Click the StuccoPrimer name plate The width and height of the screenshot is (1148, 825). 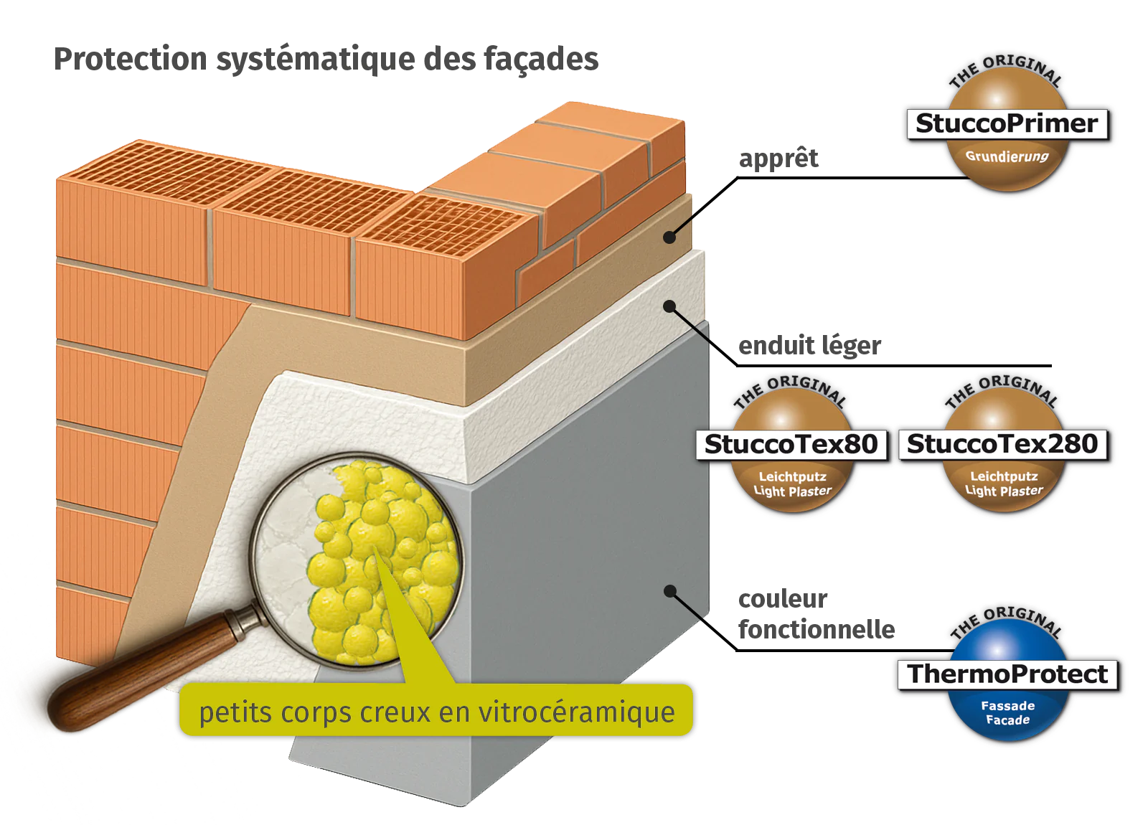click(1006, 123)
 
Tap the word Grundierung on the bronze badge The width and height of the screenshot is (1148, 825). click(1007, 156)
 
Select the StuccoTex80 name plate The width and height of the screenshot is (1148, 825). click(791, 444)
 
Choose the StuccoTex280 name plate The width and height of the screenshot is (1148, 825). click(1002, 444)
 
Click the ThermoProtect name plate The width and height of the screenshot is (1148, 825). click(1008, 674)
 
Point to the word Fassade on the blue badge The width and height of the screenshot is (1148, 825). click(1007, 705)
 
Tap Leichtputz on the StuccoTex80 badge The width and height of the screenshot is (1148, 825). click(792, 476)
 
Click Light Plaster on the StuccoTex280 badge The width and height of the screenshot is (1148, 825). click(1004, 491)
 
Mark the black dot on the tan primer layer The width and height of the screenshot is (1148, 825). click(669, 237)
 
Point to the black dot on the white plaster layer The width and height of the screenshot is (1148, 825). click(669, 306)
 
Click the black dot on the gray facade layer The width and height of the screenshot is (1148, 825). click(670, 591)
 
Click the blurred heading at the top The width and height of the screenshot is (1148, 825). click(326, 60)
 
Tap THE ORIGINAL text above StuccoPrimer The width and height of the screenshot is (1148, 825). click(1006, 68)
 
